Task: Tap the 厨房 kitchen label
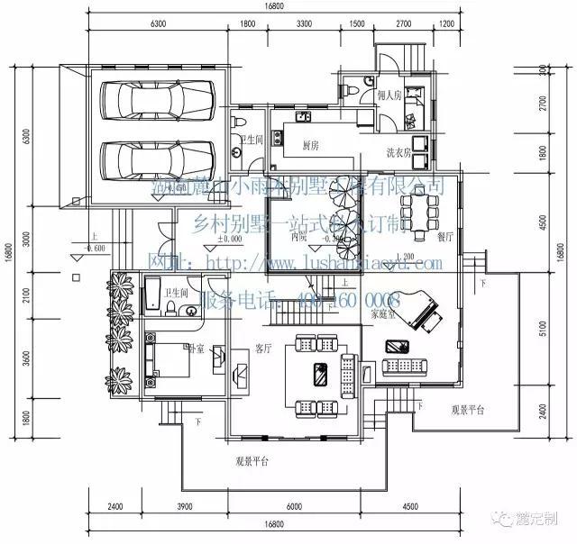click(x=311, y=144)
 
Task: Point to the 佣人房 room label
click(x=388, y=95)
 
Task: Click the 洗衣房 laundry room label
click(x=398, y=152)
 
